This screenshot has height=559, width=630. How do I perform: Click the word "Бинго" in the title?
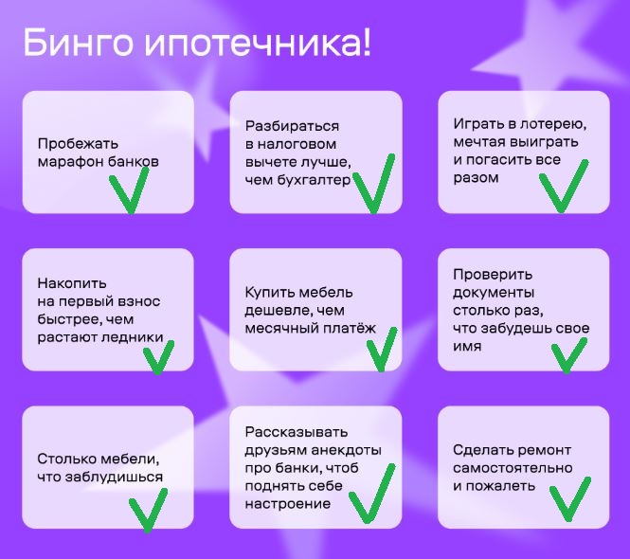click(x=78, y=44)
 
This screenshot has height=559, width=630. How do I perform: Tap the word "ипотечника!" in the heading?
click(x=258, y=44)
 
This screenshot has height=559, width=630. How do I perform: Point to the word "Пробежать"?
click(x=78, y=144)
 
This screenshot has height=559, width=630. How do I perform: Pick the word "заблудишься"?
click(x=114, y=477)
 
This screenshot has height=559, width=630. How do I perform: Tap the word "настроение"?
click(x=288, y=504)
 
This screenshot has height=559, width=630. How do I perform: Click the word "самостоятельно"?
click(x=513, y=468)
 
